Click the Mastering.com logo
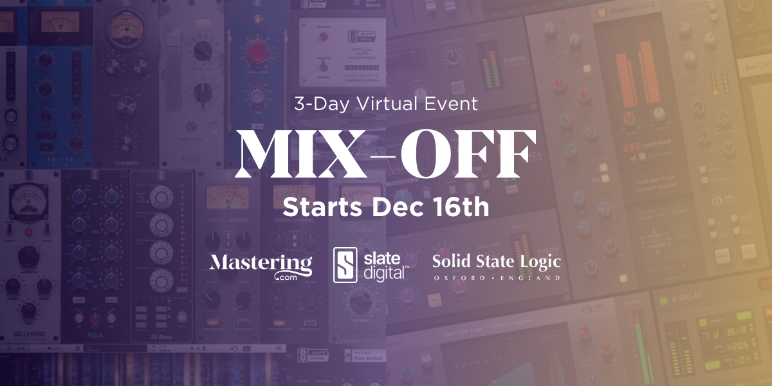click(261, 265)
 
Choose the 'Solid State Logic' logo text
click(496, 261)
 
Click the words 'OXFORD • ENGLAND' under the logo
click(496, 278)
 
